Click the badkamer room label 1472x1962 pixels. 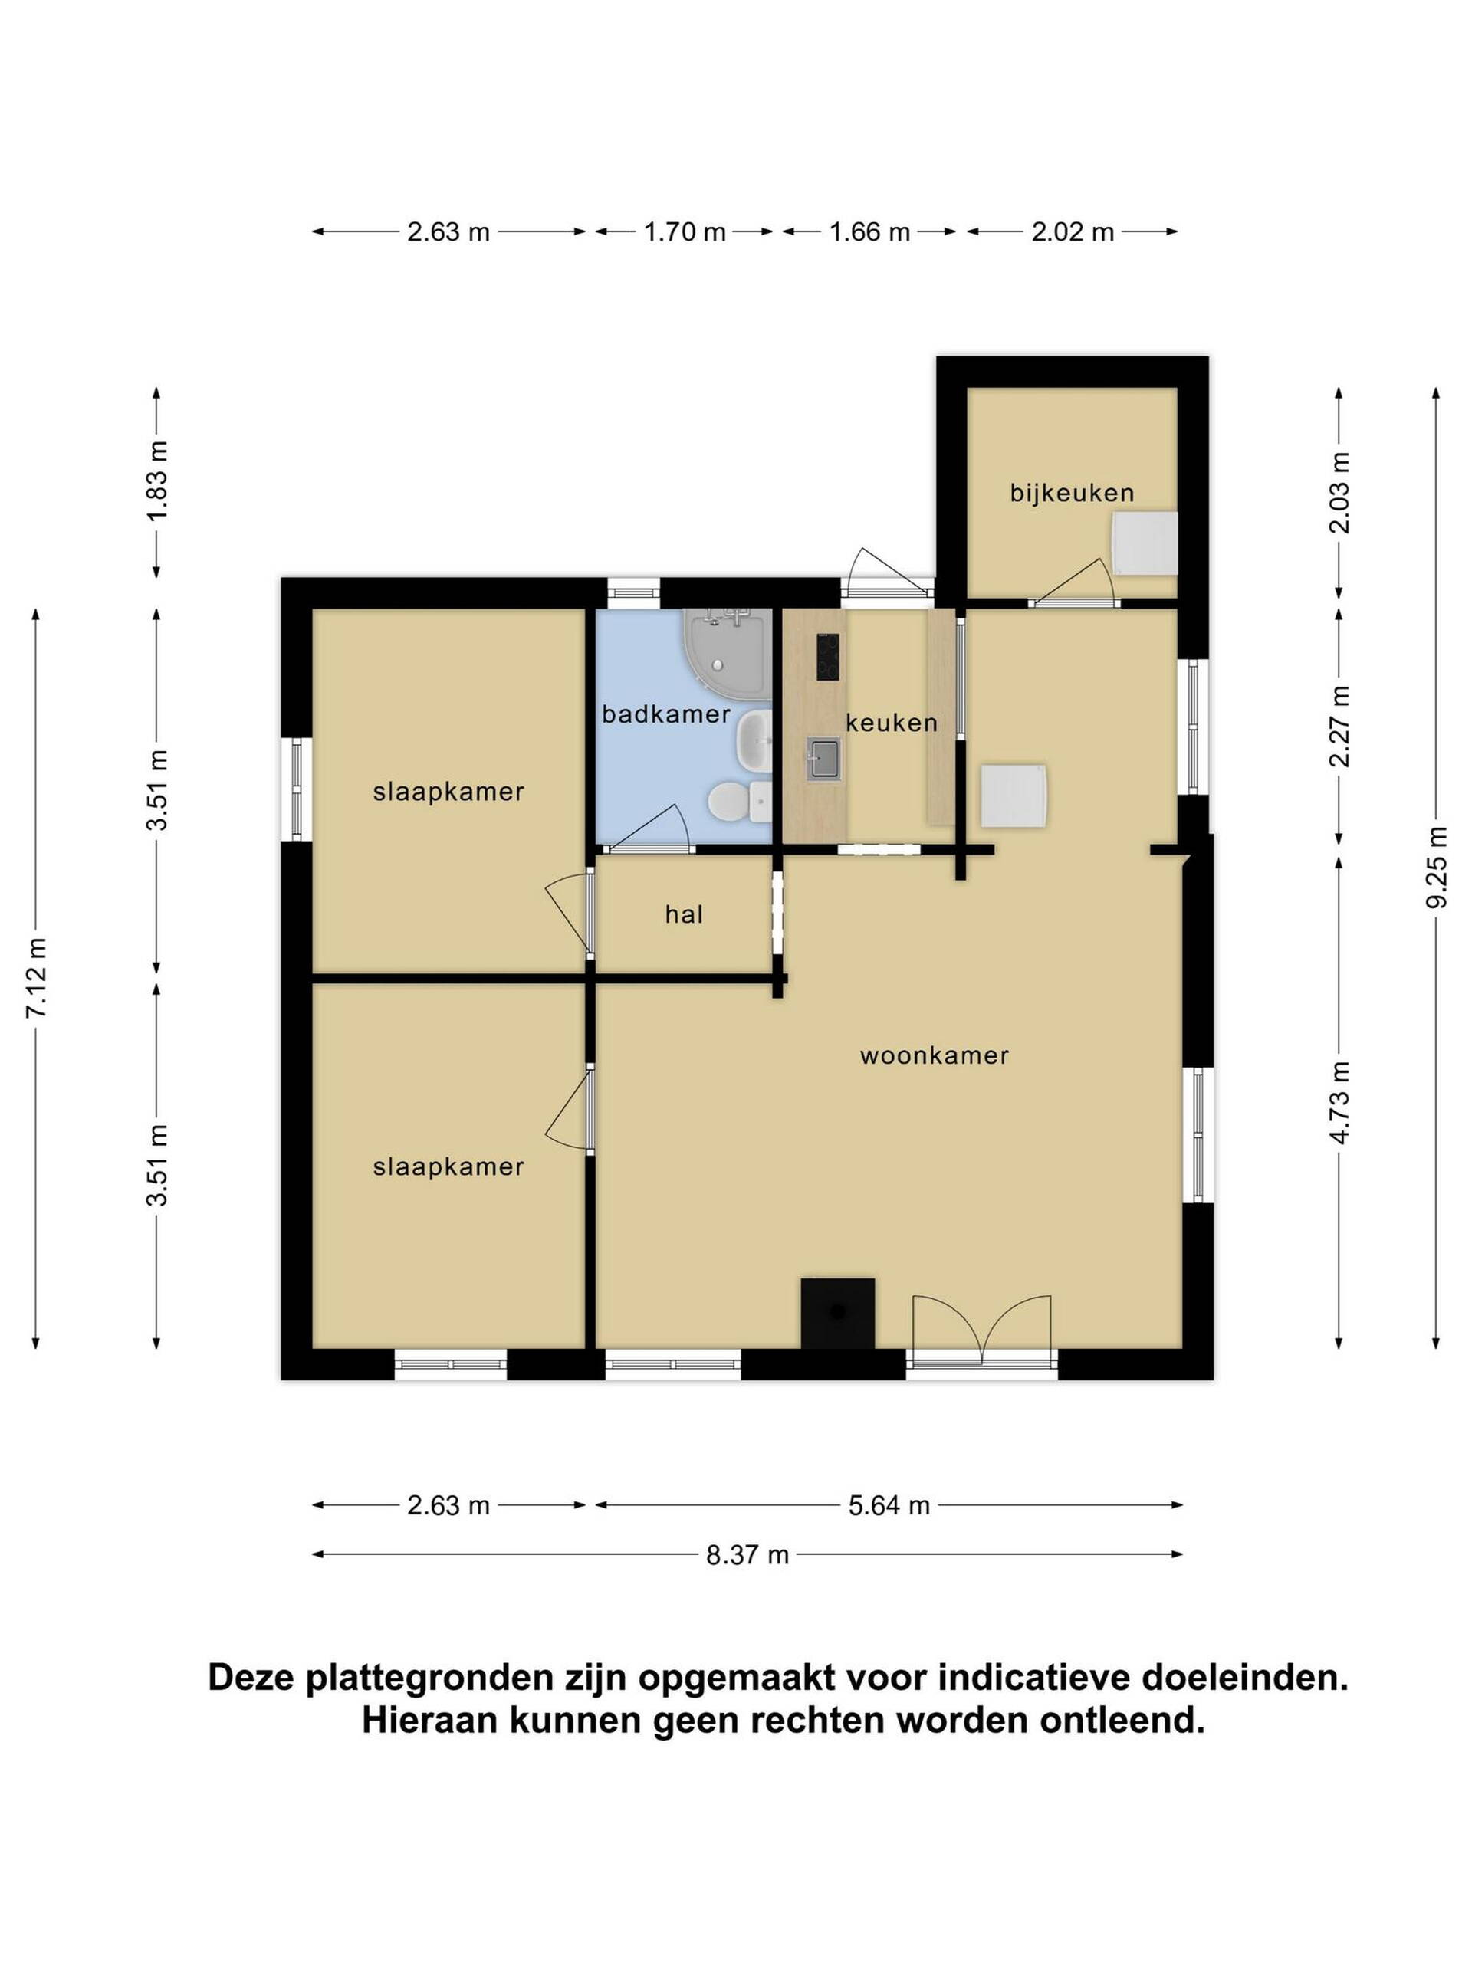[665, 713]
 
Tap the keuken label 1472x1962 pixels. [891, 723]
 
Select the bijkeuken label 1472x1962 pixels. [1072, 493]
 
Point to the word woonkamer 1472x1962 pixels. [935, 1055]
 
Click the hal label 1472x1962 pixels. [683, 914]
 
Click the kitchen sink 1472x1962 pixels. [823, 760]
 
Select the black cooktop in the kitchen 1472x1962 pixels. [827, 658]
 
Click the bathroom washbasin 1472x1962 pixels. [754, 739]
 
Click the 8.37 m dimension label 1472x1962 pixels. [747, 1555]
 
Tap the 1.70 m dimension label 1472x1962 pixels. [684, 232]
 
